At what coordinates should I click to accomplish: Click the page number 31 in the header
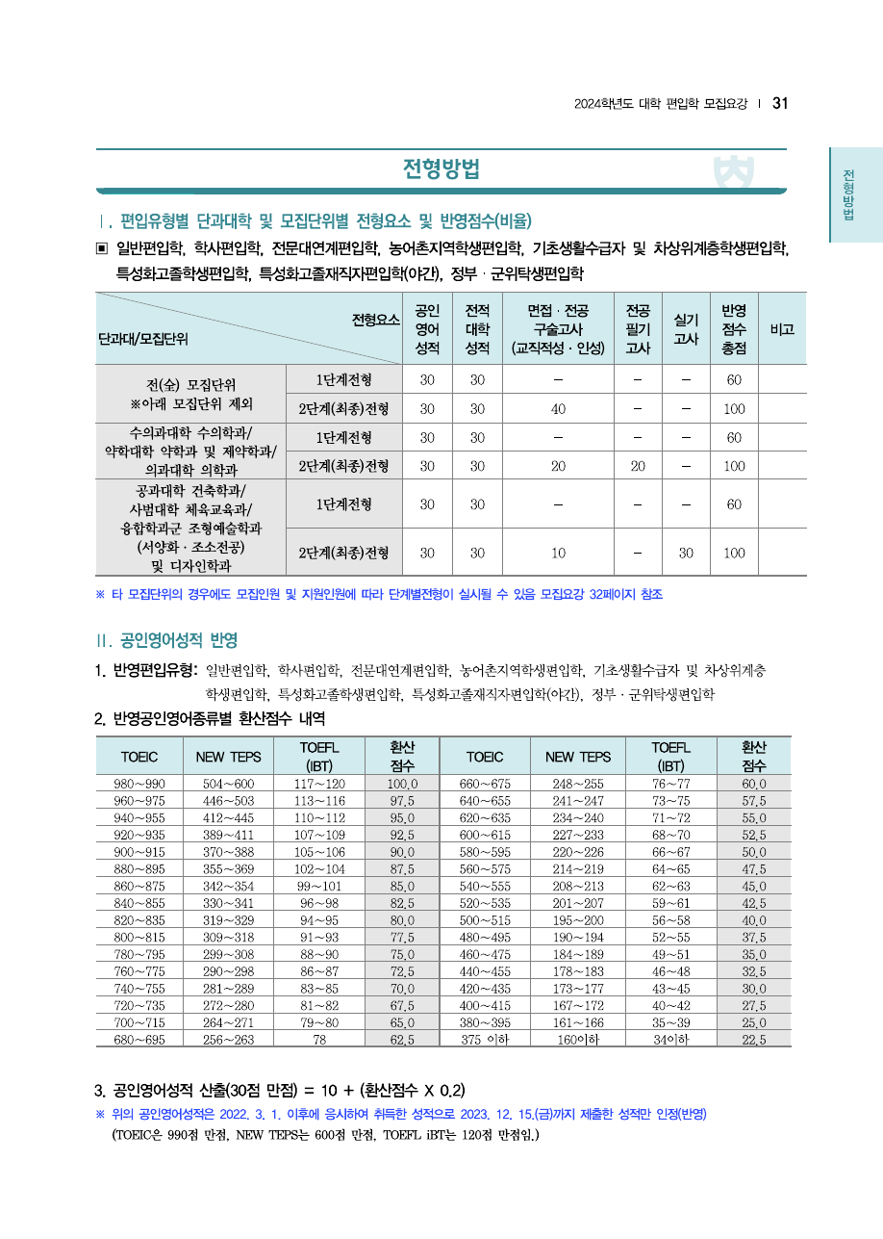(x=780, y=104)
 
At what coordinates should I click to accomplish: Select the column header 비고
(x=782, y=329)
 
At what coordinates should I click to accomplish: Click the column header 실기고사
(x=686, y=329)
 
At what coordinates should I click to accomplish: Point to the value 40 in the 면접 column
(x=558, y=408)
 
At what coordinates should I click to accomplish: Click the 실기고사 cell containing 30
(x=686, y=553)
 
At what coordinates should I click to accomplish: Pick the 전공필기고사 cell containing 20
(x=637, y=466)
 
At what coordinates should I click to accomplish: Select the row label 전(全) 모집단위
(x=190, y=382)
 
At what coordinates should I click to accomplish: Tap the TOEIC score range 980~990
(x=139, y=784)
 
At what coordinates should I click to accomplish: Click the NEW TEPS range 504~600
(x=229, y=784)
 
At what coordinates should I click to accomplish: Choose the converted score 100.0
(x=402, y=784)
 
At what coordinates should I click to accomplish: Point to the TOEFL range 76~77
(x=670, y=784)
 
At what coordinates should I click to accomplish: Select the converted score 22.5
(x=754, y=1040)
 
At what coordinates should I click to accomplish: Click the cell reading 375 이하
(x=484, y=1040)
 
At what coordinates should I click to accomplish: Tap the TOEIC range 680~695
(x=139, y=1040)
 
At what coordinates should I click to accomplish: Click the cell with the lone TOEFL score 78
(x=318, y=1040)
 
